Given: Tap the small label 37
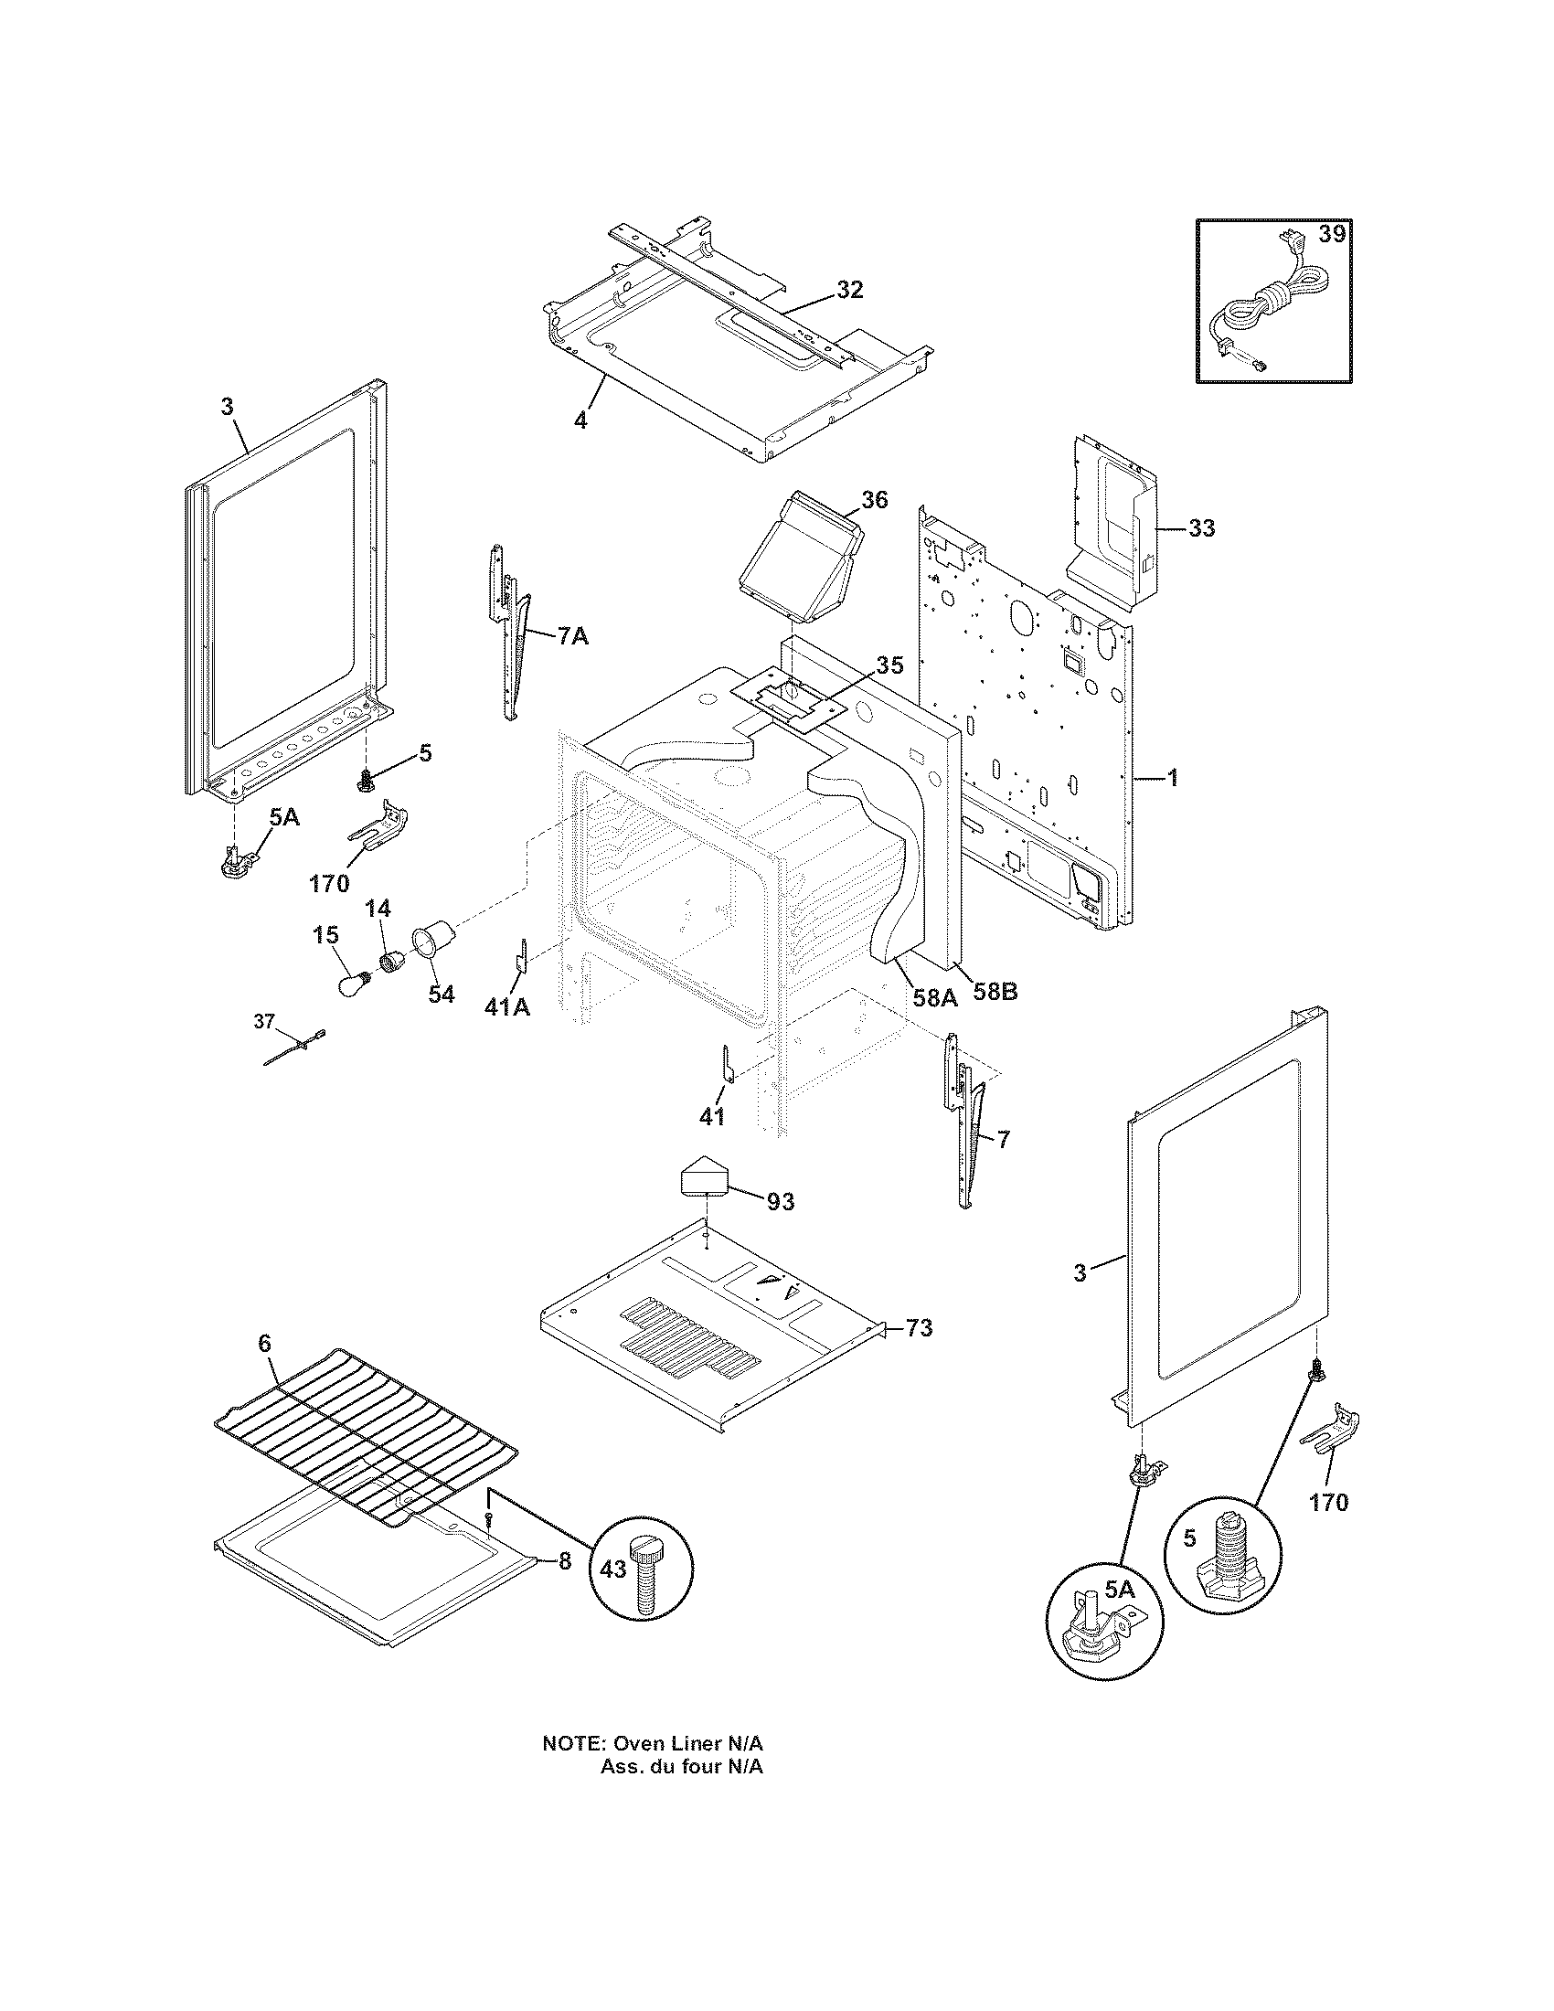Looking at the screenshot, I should [x=264, y=1020].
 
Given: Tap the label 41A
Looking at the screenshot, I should [x=506, y=1008].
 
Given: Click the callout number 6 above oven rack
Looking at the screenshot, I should [x=265, y=1344].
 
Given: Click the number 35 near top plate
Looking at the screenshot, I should [x=889, y=665].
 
